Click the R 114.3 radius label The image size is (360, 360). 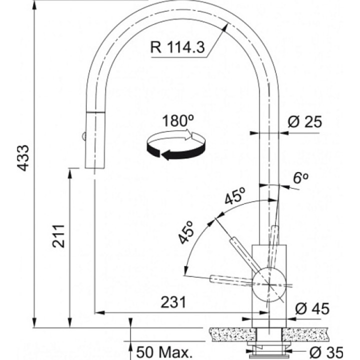pos(177,47)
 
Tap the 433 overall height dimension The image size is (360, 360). pos(23,158)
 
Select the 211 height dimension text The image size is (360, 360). pos(58,236)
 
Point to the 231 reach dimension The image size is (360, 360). pos(173,302)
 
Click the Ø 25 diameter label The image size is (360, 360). pos(305,121)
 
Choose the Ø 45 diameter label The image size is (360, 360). pos(312,308)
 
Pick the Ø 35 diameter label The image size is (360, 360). pos(326,352)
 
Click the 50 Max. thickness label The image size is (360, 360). pos(164,352)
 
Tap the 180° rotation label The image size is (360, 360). pos(178,120)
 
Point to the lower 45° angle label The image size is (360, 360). pos(186,232)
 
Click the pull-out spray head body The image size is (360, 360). pos(95,140)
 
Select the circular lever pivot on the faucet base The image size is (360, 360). pos(269,284)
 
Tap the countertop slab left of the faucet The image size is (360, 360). pos(232,334)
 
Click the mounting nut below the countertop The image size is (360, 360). pos(269,346)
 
